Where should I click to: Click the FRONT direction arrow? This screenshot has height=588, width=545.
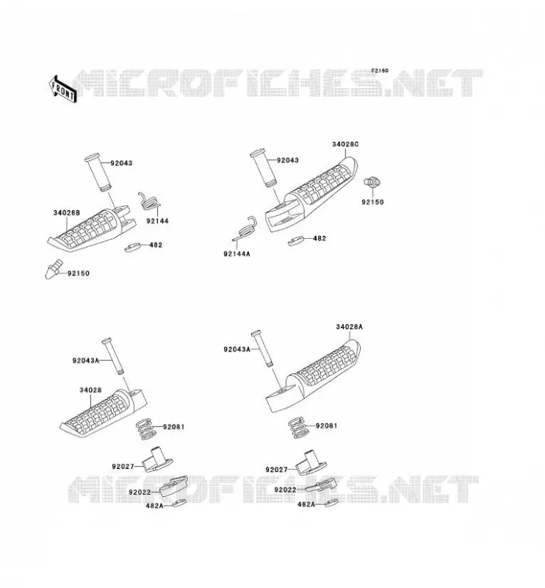(x=62, y=89)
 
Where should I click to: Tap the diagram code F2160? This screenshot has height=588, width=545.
(x=380, y=71)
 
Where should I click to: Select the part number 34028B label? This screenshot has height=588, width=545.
(x=67, y=212)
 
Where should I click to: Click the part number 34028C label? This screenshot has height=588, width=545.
(x=345, y=144)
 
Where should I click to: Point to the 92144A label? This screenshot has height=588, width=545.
(x=237, y=254)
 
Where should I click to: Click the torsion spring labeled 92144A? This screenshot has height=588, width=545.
(x=245, y=229)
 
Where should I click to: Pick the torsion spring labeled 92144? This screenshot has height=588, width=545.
(x=149, y=201)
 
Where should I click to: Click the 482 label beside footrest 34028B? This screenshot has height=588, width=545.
(x=156, y=245)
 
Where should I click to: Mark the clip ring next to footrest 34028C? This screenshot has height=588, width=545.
(x=296, y=240)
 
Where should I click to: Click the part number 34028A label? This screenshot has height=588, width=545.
(x=349, y=326)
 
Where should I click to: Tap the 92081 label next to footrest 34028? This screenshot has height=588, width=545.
(x=173, y=427)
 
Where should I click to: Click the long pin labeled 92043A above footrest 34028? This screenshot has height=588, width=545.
(x=112, y=356)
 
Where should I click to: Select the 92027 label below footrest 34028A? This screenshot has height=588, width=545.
(x=276, y=470)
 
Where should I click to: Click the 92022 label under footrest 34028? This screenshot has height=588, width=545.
(x=140, y=492)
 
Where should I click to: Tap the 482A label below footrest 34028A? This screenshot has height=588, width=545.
(x=306, y=505)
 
